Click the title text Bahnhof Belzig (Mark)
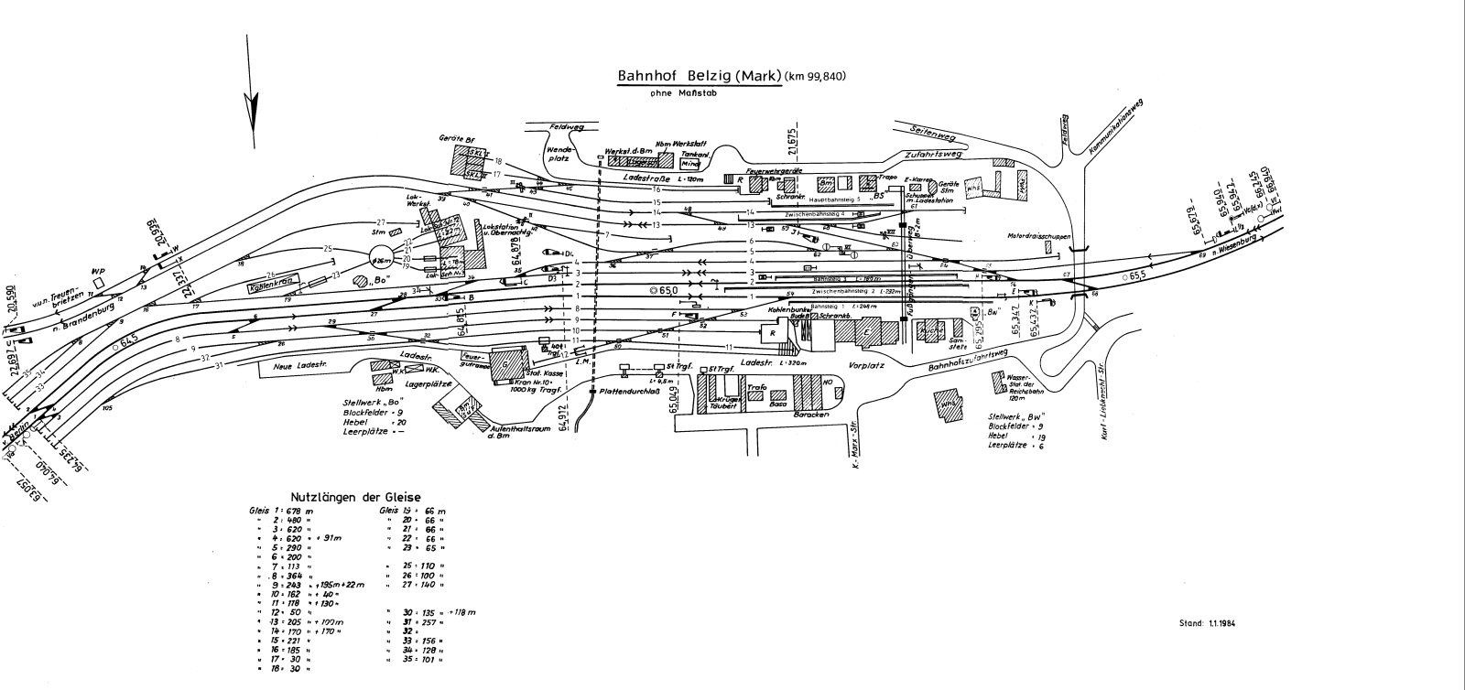coord(698,76)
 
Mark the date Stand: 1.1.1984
coord(1209,623)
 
